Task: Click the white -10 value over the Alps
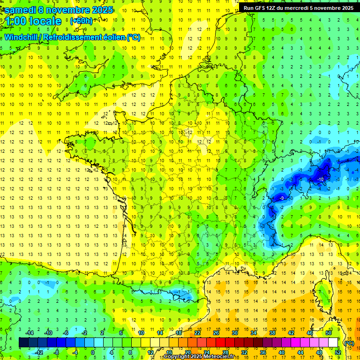click(321, 180)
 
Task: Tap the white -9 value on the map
click(282, 198)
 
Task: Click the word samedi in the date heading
click(22, 10)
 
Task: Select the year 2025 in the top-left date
click(101, 10)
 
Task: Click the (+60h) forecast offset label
click(81, 21)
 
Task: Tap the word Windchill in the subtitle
click(21, 37)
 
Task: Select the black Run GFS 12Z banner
click(299, 8)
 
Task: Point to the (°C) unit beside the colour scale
click(349, 343)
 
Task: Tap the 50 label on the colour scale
click(328, 333)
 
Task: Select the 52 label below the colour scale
click(337, 352)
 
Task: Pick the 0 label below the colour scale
click(93, 352)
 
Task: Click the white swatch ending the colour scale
click(333, 343)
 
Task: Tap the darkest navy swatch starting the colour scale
click(23, 343)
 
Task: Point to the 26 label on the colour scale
click(216, 333)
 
